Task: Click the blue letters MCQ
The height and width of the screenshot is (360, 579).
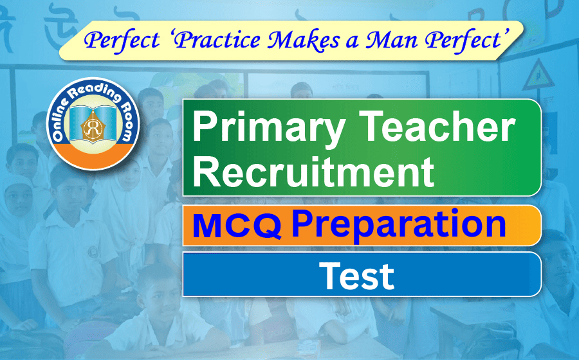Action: [x=237, y=226]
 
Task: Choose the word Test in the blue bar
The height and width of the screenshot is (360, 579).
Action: [x=357, y=275]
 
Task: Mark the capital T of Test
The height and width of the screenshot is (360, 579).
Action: [x=328, y=274]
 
